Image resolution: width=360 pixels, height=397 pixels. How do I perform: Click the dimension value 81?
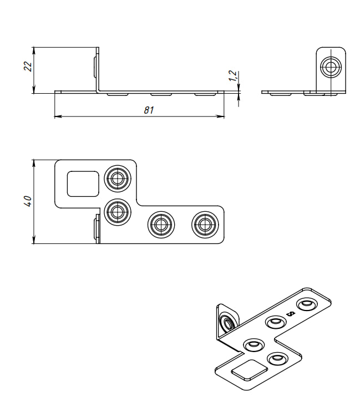point(148,110)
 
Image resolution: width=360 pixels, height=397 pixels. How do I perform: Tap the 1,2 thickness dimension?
point(233,76)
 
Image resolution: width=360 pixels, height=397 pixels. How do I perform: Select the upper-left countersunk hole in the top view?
point(117,179)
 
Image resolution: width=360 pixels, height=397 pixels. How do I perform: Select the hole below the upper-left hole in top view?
point(117,211)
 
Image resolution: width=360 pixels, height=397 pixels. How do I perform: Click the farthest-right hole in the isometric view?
point(306,304)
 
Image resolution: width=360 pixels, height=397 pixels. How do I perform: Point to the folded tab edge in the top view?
point(97,230)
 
